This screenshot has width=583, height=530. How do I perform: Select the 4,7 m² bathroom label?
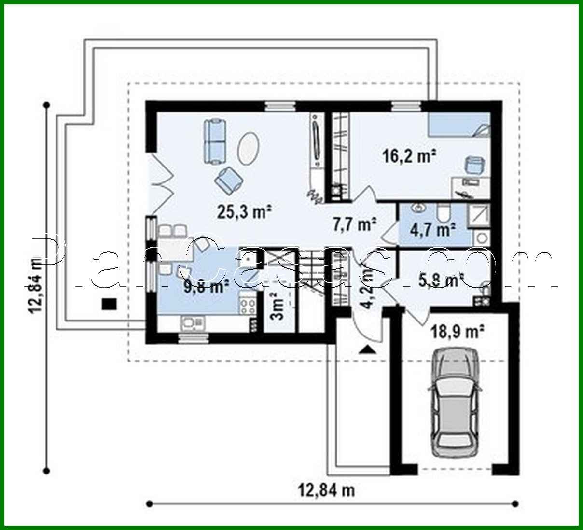pos(433,230)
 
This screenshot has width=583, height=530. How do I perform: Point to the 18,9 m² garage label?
pos(458,332)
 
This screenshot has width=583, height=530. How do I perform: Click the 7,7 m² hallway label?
pos(355,223)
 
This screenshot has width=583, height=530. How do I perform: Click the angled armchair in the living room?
pos(229,179)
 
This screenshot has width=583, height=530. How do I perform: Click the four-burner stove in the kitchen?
pos(248,305)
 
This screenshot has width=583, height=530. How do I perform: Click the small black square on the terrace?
pos(109,303)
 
